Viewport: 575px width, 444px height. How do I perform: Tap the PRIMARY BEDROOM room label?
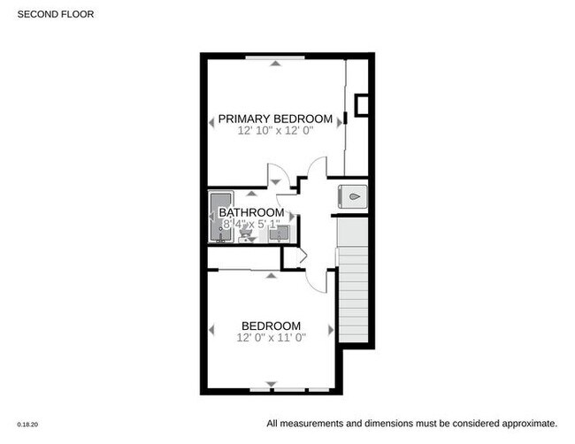pos(275,119)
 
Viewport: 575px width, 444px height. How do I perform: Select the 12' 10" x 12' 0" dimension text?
pos(275,131)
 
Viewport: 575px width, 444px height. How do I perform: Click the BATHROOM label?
pos(251,213)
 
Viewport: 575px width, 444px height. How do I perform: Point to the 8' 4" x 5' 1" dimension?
pos(251,225)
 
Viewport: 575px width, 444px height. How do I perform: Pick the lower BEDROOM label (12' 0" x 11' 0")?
pos(272,325)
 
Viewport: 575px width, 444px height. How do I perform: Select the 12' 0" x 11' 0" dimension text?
pos(272,338)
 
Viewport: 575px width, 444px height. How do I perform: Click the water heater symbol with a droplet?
pos(351,196)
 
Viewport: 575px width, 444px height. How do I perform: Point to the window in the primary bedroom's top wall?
pos(277,57)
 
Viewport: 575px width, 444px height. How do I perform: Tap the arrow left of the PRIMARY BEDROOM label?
pos(212,121)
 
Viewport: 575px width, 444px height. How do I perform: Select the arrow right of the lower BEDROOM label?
pos(331,329)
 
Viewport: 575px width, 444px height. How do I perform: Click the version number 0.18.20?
pos(27,425)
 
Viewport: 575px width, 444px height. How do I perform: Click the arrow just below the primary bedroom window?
pos(277,64)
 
